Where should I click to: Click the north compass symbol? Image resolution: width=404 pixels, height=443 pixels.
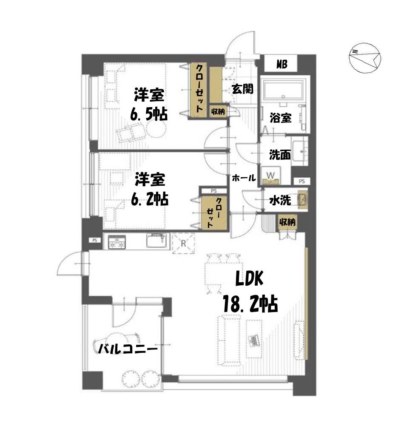click(x=364, y=58)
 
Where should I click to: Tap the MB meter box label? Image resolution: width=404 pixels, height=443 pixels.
click(x=282, y=64)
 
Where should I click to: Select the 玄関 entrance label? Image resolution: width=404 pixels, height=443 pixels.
click(x=242, y=89)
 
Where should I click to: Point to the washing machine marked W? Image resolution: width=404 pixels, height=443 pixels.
click(x=270, y=176)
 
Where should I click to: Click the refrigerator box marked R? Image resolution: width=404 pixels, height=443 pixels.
click(x=183, y=243)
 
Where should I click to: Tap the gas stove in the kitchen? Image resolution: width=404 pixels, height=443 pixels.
click(x=117, y=242)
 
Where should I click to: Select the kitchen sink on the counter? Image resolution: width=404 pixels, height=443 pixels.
click(x=156, y=241)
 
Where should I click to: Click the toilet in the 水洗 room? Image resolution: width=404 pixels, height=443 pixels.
click(x=302, y=199)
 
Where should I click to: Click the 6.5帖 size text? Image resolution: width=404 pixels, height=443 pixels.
click(x=149, y=114)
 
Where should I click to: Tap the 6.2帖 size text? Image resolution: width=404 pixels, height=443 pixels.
click(x=150, y=199)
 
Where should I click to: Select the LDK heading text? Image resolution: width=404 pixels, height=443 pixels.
click(x=250, y=278)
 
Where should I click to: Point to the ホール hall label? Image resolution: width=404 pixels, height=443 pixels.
click(x=244, y=178)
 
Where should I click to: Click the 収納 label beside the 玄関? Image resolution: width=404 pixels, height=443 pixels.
click(x=218, y=111)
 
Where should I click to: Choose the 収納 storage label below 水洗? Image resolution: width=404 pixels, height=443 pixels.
click(x=287, y=222)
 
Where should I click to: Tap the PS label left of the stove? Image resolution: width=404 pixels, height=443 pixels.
click(x=95, y=240)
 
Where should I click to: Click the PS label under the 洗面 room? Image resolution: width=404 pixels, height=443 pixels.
click(x=302, y=181)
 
